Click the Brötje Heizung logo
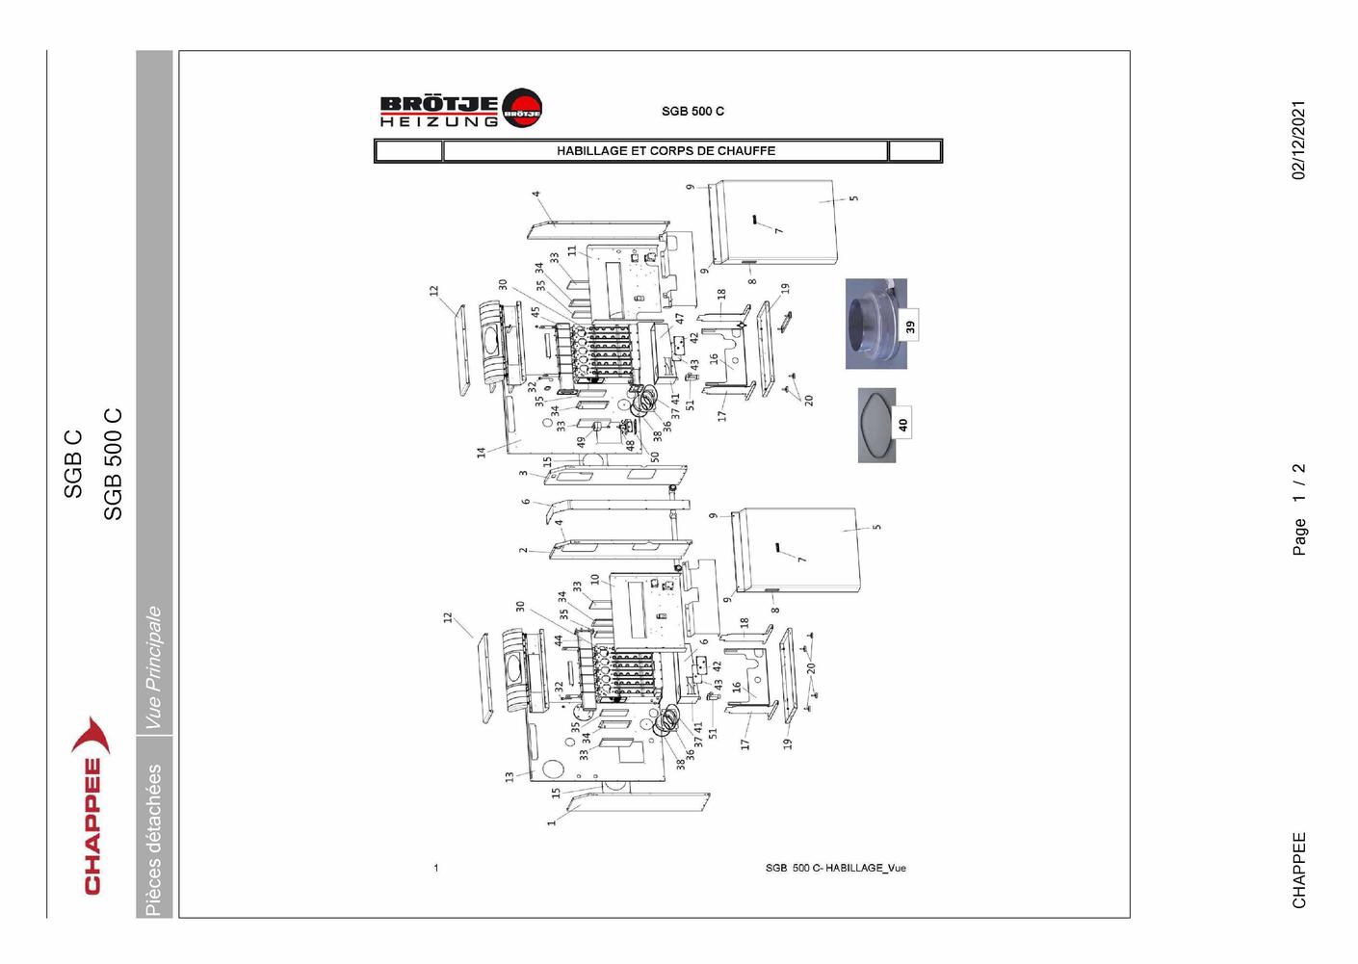(461, 108)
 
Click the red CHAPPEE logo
(91, 805)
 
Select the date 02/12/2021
(1298, 140)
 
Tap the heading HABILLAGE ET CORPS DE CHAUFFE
(666, 151)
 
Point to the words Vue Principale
(153, 668)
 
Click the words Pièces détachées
(153, 840)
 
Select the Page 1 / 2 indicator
(1298, 509)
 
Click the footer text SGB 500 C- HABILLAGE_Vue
(835, 869)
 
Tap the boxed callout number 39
(910, 326)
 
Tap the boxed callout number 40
(902, 425)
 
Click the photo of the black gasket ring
(876, 426)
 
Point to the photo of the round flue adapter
(876, 324)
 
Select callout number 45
(535, 312)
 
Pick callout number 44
(558, 640)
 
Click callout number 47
(680, 319)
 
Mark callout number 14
(481, 453)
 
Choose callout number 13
(509, 776)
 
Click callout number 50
(655, 456)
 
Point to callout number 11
(572, 251)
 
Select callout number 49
(582, 442)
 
